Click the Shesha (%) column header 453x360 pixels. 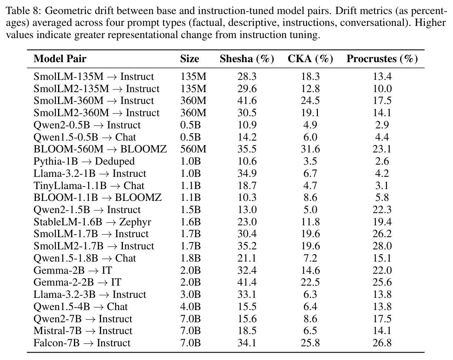coord(247,59)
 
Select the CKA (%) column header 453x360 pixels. coord(310,59)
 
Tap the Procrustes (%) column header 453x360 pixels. coord(382,59)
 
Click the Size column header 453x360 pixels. coord(189,59)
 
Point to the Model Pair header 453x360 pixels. coord(60,59)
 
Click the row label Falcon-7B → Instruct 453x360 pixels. coord(82,343)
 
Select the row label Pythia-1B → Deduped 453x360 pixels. coord(84,161)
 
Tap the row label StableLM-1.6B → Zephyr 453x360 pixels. coord(93,222)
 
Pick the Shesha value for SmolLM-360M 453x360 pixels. coord(247,101)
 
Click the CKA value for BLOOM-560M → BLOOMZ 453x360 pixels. coord(310,149)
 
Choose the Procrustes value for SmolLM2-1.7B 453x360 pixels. coord(382,246)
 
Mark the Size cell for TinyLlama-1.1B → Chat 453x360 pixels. coord(190,185)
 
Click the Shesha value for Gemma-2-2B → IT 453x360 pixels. coord(247,282)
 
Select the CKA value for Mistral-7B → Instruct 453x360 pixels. coord(310,331)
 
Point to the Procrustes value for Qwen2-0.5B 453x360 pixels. coord(382,125)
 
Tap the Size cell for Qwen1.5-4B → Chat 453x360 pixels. coord(190,306)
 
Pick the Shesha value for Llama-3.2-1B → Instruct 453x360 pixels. coord(247,174)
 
